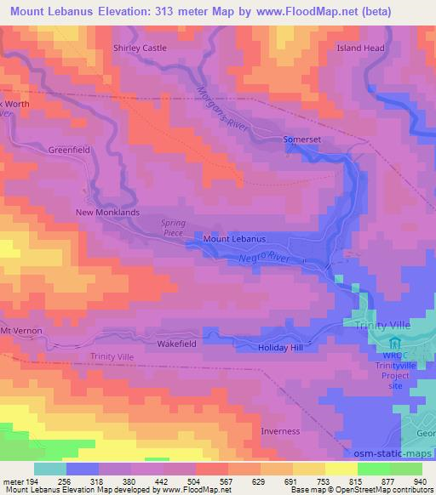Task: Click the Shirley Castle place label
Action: pyautogui.click(x=140, y=48)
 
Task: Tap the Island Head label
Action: pyautogui.click(x=361, y=48)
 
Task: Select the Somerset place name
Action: pyautogui.click(x=303, y=139)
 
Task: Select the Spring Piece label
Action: pyautogui.click(x=173, y=228)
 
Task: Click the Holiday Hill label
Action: pyautogui.click(x=281, y=348)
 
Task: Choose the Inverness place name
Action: pyautogui.click(x=280, y=430)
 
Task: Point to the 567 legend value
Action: pyautogui.click(x=227, y=481)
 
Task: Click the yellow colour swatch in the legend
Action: pyautogui.click(x=341, y=469)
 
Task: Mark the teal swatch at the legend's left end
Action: pyautogui.click(x=50, y=469)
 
